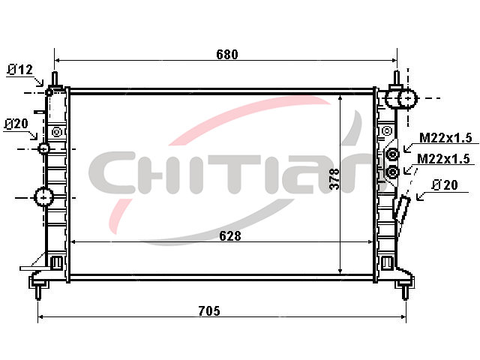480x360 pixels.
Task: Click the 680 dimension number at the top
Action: [226, 55]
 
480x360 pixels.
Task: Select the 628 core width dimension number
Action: [230, 236]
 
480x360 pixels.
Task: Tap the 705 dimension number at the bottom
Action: [209, 311]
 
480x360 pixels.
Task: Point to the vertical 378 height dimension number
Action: [335, 178]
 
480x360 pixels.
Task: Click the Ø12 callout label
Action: [20, 70]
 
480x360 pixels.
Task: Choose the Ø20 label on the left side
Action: [16, 124]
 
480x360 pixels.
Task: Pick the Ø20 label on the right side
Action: [445, 185]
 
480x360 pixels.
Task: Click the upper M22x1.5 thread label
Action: [445, 138]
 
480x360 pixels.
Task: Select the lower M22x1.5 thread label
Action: [443, 159]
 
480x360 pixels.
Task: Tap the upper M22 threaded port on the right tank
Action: [392, 154]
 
